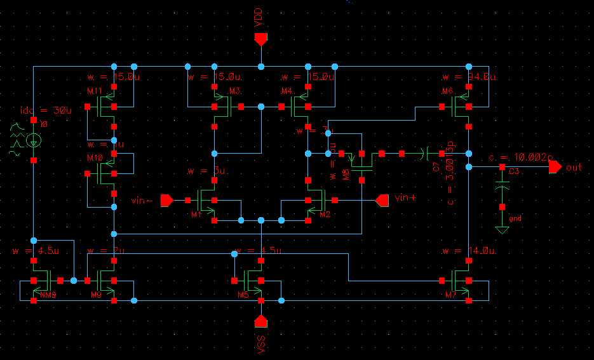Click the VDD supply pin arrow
point(260,39)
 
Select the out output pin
point(555,167)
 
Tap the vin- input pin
point(167,201)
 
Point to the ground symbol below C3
point(502,229)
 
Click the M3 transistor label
point(235,90)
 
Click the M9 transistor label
point(96,295)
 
